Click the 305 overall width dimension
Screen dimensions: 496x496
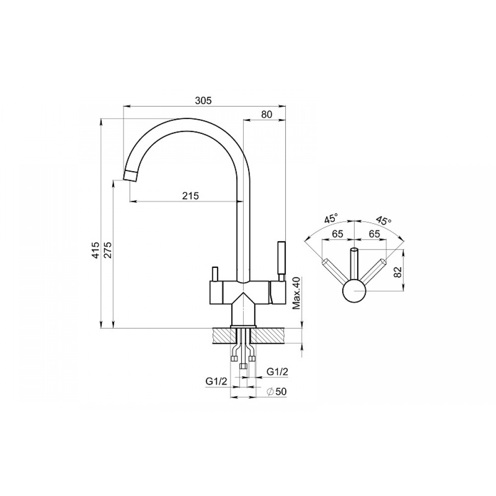[x=203, y=101]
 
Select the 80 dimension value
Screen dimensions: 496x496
[x=267, y=114]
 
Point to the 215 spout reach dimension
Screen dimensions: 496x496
[x=191, y=196]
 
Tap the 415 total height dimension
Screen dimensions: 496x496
[x=96, y=250]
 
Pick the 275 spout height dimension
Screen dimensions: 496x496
[x=108, y=250]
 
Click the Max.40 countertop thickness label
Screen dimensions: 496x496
[x=296, y=293]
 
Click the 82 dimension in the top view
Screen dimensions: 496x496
[x=398, y=272]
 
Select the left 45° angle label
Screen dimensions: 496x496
[x=331, y=218]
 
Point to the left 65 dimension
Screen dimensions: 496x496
[x=337, y=234]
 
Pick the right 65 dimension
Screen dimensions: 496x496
[x=374, y=234]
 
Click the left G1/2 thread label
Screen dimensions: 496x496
[x=216, y=381]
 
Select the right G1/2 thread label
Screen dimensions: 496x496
[x=277, y=372]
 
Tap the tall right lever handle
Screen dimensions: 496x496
[x=281, y=258]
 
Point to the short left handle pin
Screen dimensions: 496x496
[x=215, y=273]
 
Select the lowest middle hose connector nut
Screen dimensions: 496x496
[x=243, y=367]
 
